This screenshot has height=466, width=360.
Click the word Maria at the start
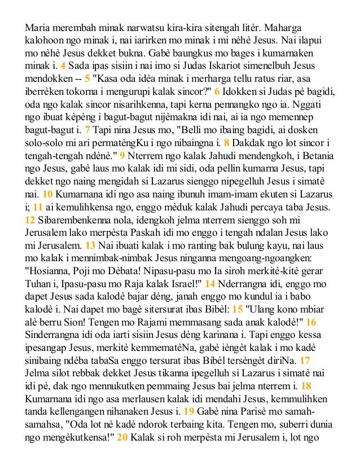point(37,28)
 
